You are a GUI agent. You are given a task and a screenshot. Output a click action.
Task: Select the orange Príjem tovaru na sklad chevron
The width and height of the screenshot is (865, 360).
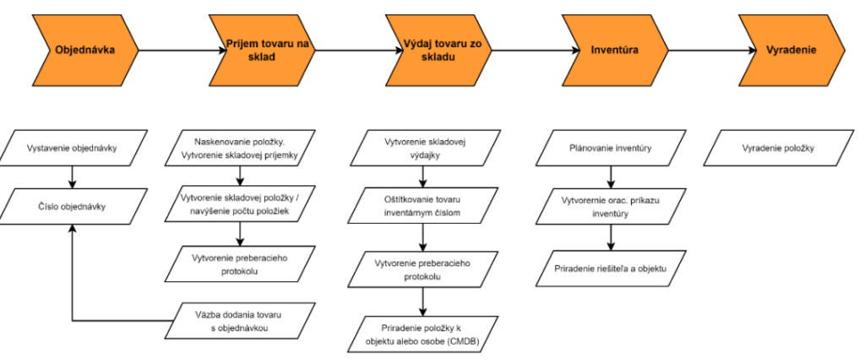[262, 50]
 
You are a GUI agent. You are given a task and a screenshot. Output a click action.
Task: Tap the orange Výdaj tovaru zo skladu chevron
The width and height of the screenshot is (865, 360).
[438, 50]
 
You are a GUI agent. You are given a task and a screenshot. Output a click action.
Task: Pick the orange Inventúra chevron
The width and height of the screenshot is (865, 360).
[615, 50]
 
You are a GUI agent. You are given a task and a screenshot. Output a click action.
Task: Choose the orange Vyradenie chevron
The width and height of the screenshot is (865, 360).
[792, 50]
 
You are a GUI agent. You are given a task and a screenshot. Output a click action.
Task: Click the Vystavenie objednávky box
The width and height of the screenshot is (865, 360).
[73, 148]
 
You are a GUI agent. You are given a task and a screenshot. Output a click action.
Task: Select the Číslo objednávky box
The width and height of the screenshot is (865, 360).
[73, 206]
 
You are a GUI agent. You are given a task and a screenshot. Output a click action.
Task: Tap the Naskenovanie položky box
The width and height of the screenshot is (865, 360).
[240, 148]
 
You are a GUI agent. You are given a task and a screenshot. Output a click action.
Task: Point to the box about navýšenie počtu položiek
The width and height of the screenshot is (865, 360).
[240, 205]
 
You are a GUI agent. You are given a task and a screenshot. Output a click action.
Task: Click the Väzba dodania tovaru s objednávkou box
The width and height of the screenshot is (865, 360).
[240, 321]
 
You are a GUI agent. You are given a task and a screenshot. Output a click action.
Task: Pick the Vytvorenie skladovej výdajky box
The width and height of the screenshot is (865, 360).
[423, 148]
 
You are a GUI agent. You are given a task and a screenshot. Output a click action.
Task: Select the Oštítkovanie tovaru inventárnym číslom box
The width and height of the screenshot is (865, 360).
[423, 206]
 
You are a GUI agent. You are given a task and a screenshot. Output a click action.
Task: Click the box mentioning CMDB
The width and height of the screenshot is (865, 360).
[423, 334]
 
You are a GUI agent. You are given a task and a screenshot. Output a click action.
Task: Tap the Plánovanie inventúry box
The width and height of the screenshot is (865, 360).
[611, 148]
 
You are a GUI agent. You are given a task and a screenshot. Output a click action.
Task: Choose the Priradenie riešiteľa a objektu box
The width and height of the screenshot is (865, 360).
[611, 269]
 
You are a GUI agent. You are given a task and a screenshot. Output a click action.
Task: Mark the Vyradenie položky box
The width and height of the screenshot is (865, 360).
[778, 148]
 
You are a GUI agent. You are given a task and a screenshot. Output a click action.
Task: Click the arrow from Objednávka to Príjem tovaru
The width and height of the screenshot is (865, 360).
[182, 50]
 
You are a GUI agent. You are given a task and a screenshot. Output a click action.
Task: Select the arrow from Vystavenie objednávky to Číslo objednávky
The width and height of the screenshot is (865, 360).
[73, 177]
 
